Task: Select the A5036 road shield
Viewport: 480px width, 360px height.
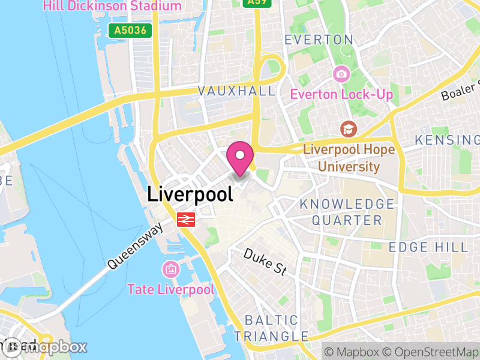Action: (x=130, y=29)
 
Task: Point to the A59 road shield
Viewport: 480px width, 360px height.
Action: (x=257, y=2)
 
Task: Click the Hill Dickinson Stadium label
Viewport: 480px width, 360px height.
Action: (x=112, y=6)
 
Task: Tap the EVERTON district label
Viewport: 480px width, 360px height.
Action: (x=319, y=40)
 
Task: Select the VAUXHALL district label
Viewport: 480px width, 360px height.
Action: (x=237, y=91)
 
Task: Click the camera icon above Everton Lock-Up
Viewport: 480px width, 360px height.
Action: (x=341, y=74)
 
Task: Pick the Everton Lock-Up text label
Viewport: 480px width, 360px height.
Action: (x=341, y=94)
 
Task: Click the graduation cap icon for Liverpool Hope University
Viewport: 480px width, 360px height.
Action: (x=347, y=129)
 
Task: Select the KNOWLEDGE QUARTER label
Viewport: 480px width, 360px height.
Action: (x=347, y=212)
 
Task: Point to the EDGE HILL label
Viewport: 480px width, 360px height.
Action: (x=428, y=247)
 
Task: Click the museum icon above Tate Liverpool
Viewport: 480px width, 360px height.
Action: (x=170, y=269)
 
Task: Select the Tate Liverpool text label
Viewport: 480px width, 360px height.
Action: (x=170, y=289)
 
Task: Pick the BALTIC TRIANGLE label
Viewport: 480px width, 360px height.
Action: (x=271, y=328)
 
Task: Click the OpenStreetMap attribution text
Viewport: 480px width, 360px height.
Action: (x=430, y=350)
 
